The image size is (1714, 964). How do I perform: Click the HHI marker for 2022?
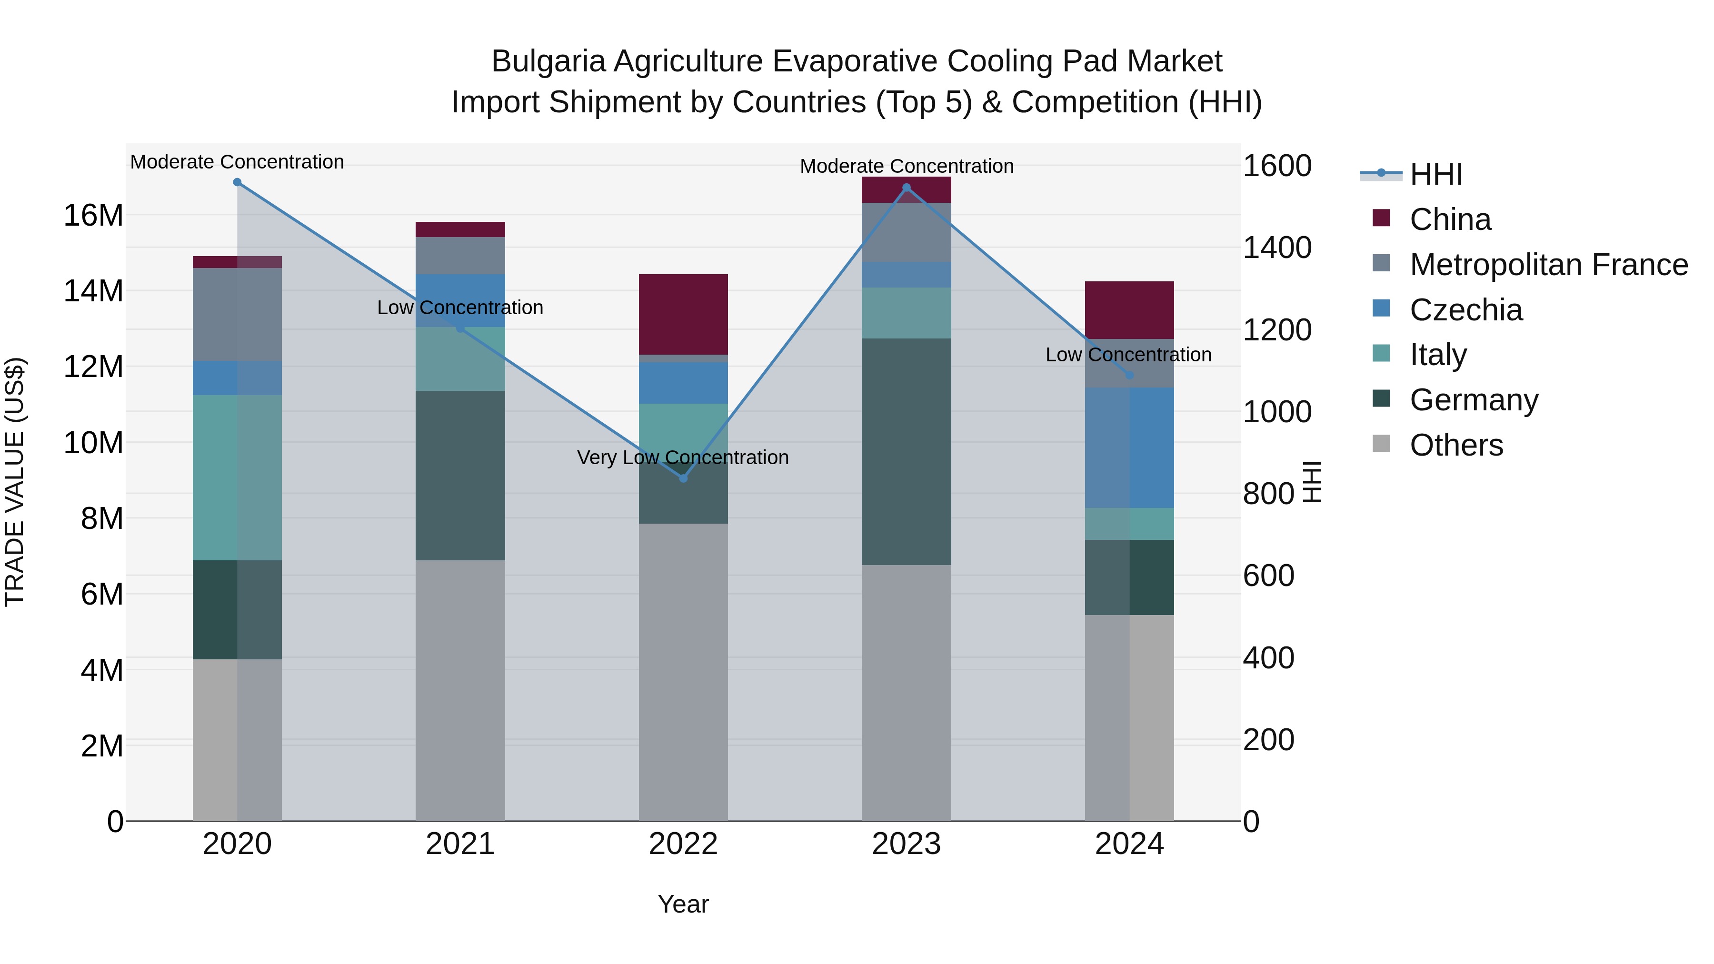click(x=683, y=478)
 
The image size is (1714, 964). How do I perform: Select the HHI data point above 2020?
click(x=237, y=182)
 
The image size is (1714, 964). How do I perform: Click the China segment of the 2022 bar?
click(x=683, y=314)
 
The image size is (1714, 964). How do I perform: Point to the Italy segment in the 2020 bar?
click(x=237, y=477)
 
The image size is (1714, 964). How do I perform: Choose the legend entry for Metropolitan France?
click(x=1548, y=265)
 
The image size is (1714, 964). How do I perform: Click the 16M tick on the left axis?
click(x=93, y=216)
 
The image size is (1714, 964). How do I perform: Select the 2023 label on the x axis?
click(x=906, y=844)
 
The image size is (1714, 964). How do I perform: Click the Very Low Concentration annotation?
click(x=683, y=457)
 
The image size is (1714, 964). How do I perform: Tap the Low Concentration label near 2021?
click(x=460, y=308)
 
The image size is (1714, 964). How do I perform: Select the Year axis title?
click(x=683, y=904)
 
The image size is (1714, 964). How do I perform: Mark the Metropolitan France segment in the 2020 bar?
click(x=237, y=314)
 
